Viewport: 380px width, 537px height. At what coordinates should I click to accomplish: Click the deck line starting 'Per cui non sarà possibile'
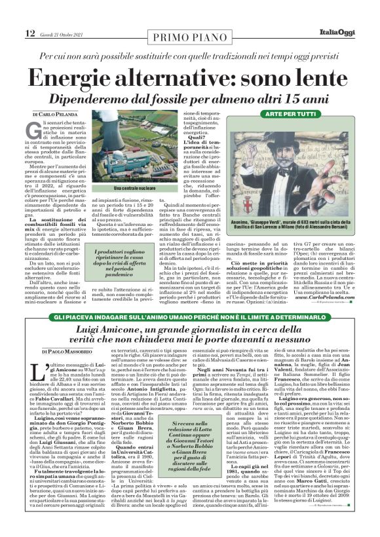(x=189, y=57)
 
